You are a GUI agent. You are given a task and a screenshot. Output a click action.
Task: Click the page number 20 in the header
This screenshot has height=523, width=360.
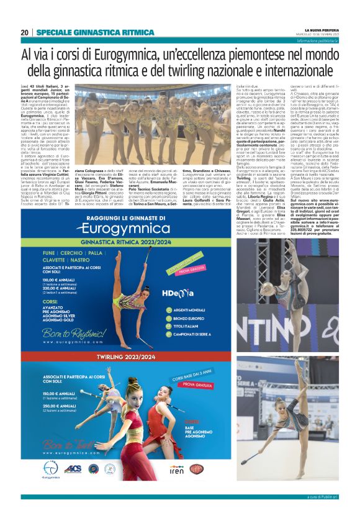click(x=24, y=32)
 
